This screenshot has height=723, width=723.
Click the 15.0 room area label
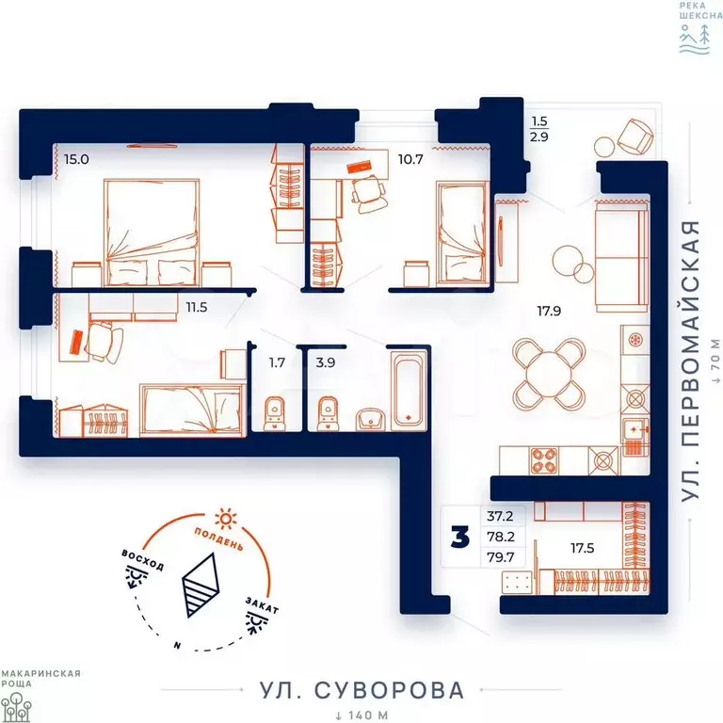pyautogui.click(x=76, y=159)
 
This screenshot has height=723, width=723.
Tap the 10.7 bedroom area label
pyautogui.click(x=410, y=159)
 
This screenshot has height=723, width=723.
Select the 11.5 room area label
pyautogui.click(x=197, y=307)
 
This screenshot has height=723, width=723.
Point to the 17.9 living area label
pyautogui.click(x=549, y=312)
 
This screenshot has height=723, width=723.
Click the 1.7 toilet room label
pyautogui.click(x=277, y=362)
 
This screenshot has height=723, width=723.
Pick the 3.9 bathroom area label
pyautogui.click(x=326, y=362)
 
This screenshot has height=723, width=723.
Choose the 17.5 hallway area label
pyautogui.click(x=583, y=548)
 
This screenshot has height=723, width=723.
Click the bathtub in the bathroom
pyautogui.click(x=408, y=390)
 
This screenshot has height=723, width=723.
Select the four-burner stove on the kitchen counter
pyautogui.click(x=544, y=460)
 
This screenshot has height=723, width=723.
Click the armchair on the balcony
pyautogui.click(x=635, y=137)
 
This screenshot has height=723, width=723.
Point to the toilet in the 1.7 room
pyautogui.click(x=275, y=413)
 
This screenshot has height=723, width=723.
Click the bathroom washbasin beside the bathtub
pyautogui.click(x=371, y=419)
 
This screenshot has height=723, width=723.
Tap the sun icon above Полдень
pyautogui.click(x=226, y=520)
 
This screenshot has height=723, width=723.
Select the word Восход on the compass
pyautogui.click(x=142, y=560)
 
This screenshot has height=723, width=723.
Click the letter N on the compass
pyautogui.click(x=177, y=646)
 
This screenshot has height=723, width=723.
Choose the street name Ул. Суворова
pyautogui.click(x=361, y=690)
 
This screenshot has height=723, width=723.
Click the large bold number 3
pyautogui.click(x=460, y=537)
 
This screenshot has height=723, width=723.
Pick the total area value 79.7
pyautogui.click(x=500, y=557)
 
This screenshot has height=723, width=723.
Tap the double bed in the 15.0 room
pyautogui.click(x=152, y=233)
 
